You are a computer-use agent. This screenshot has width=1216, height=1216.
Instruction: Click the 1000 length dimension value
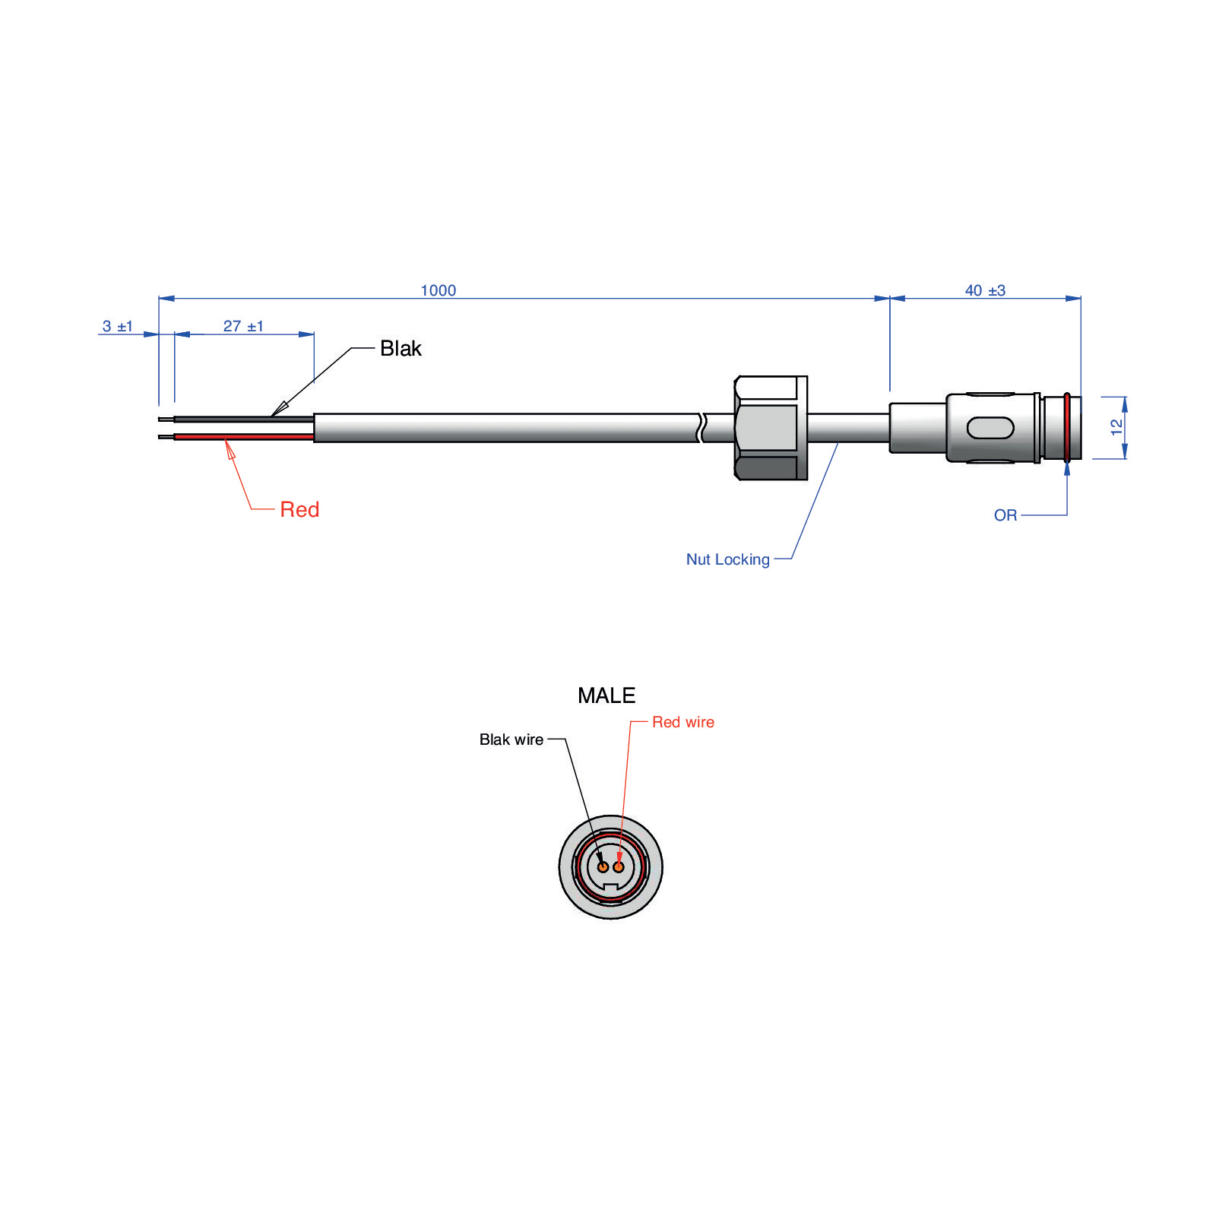tap(439, 290)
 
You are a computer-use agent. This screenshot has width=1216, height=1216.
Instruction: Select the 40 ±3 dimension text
tap(985, 290)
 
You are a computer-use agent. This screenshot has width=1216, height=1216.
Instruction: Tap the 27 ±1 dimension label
tap(243, 326)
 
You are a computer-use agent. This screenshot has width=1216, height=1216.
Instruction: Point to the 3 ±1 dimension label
tap(118, 326)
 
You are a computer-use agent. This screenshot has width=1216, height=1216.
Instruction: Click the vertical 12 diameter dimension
tap(1116, 427)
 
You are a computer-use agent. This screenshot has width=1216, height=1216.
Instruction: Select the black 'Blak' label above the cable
tap(401, 348)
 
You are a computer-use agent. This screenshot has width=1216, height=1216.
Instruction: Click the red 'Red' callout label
tap(299, 509)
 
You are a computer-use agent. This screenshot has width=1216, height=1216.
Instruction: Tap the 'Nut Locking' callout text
tap(728, 559)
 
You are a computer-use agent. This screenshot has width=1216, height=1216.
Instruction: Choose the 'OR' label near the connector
tap(1005, 515)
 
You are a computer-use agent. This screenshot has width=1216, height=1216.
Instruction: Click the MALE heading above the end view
tap(606, 695)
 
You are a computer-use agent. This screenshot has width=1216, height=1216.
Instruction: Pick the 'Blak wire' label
tap(511, 739)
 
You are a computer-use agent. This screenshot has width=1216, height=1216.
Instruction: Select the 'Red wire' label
tap(683, 722)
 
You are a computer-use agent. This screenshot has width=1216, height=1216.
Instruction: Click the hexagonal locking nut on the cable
tap(771, 428)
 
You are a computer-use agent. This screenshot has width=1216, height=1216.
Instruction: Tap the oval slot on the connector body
tap(990, 428)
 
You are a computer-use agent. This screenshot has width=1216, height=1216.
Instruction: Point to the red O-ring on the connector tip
tap(1067, 427)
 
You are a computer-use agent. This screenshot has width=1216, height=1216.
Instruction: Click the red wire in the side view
tap(244, 437)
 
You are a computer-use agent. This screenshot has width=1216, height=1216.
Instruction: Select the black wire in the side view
tap(244, 419)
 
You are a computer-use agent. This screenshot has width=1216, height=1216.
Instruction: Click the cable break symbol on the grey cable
tap(701, 428)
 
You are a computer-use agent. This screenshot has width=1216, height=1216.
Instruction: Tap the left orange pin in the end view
tap(603, 867)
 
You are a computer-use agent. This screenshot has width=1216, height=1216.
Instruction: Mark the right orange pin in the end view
tap(619, 867)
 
